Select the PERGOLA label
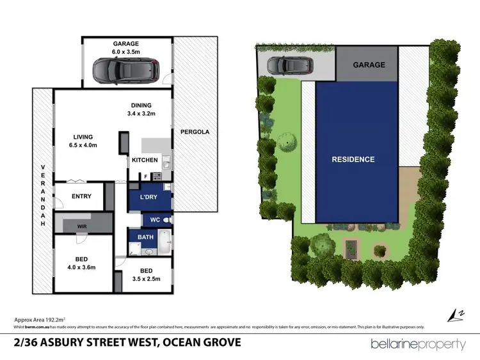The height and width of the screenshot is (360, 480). pos(195,132)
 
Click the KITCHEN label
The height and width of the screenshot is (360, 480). pos(145,160)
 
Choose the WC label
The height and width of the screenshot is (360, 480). pos(155,219)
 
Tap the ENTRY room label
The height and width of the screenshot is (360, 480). pos(82,196)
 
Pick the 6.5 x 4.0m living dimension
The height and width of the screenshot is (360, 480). pos(83,145)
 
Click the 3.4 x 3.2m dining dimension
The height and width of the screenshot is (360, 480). pos(141,114)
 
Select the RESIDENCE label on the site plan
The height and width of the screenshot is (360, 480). pos(353,159)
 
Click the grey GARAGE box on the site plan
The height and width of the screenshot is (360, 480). pos(369,65)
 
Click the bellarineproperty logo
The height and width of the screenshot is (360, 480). pos(419,344)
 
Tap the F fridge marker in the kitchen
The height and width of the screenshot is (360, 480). pos(145,176)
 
